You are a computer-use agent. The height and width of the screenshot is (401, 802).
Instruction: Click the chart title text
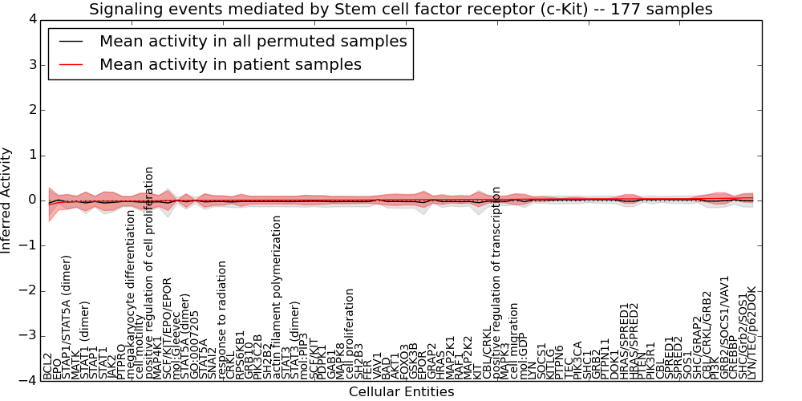(x=400, y=10)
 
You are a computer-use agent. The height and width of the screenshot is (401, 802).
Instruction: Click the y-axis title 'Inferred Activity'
(x=7, y=200)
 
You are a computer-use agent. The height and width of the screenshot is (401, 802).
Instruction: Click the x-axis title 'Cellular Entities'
(x=401, y=391)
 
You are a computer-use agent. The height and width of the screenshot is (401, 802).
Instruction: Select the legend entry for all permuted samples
(x=253, y=42)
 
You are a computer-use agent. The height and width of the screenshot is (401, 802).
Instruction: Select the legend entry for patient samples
(x=230, y=64)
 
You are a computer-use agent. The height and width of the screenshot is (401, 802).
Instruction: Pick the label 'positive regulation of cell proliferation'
(x=149, y=273)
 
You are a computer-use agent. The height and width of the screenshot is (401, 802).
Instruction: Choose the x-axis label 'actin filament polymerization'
(x=277, y=297)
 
